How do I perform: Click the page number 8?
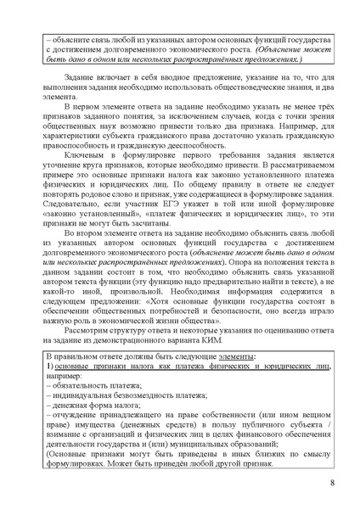point(331,484)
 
